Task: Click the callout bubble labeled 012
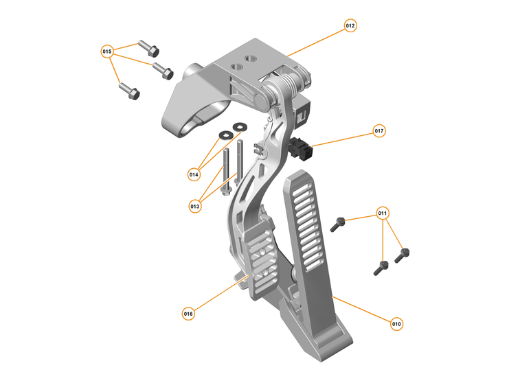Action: click(350, 26)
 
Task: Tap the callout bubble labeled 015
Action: click(107, 51)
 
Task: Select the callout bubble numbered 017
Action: click(379, 130)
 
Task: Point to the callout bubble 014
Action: click(194, 174)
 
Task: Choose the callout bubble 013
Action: click(195, 205)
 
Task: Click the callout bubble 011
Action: click(383, 213)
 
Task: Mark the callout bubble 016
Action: click(188, 314)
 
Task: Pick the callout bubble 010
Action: click(396, 323)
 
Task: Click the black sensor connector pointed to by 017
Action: click(300, 147)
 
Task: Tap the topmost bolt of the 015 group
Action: click(149, 47)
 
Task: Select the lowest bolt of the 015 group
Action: click(128, 90)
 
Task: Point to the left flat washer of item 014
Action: click(225, 134)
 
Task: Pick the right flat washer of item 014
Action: click(240, 126)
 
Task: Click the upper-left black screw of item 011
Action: click(338, 222)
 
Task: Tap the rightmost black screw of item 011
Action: click(402, 255)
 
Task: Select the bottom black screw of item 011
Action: click(380, 268)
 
